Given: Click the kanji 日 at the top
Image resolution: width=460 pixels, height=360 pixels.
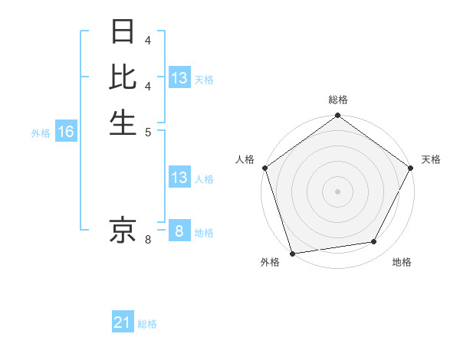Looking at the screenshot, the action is pos(123,33).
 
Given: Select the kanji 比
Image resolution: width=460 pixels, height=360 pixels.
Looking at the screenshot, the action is pos(123,77).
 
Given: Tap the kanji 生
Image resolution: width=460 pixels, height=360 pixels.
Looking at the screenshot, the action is pos(123,121).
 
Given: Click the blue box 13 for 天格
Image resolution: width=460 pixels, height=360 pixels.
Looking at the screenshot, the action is pos(179,78).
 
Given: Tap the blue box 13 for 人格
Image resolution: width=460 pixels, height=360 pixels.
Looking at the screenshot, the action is pos(179,178).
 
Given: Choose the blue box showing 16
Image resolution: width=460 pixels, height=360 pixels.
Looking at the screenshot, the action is pos(65,132).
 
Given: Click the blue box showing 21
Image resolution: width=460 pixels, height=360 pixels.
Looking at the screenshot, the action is pos(122,323).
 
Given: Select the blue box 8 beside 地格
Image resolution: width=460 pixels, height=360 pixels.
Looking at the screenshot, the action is pos(179,231).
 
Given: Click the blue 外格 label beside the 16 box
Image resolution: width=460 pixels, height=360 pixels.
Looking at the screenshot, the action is pos(41,133).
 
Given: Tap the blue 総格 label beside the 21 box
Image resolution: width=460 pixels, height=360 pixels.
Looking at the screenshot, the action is pos(147,324).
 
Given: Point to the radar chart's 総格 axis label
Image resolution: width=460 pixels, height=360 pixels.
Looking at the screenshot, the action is pos(337,100).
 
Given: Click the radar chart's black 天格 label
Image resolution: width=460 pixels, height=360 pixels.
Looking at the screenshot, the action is pos(431,159).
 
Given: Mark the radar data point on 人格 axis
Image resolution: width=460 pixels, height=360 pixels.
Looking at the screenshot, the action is pos(264,168).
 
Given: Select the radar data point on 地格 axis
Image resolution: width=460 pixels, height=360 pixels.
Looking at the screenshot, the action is pos(374,242).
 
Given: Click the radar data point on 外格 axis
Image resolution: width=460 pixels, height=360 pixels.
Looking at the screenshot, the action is pos(293,254).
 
